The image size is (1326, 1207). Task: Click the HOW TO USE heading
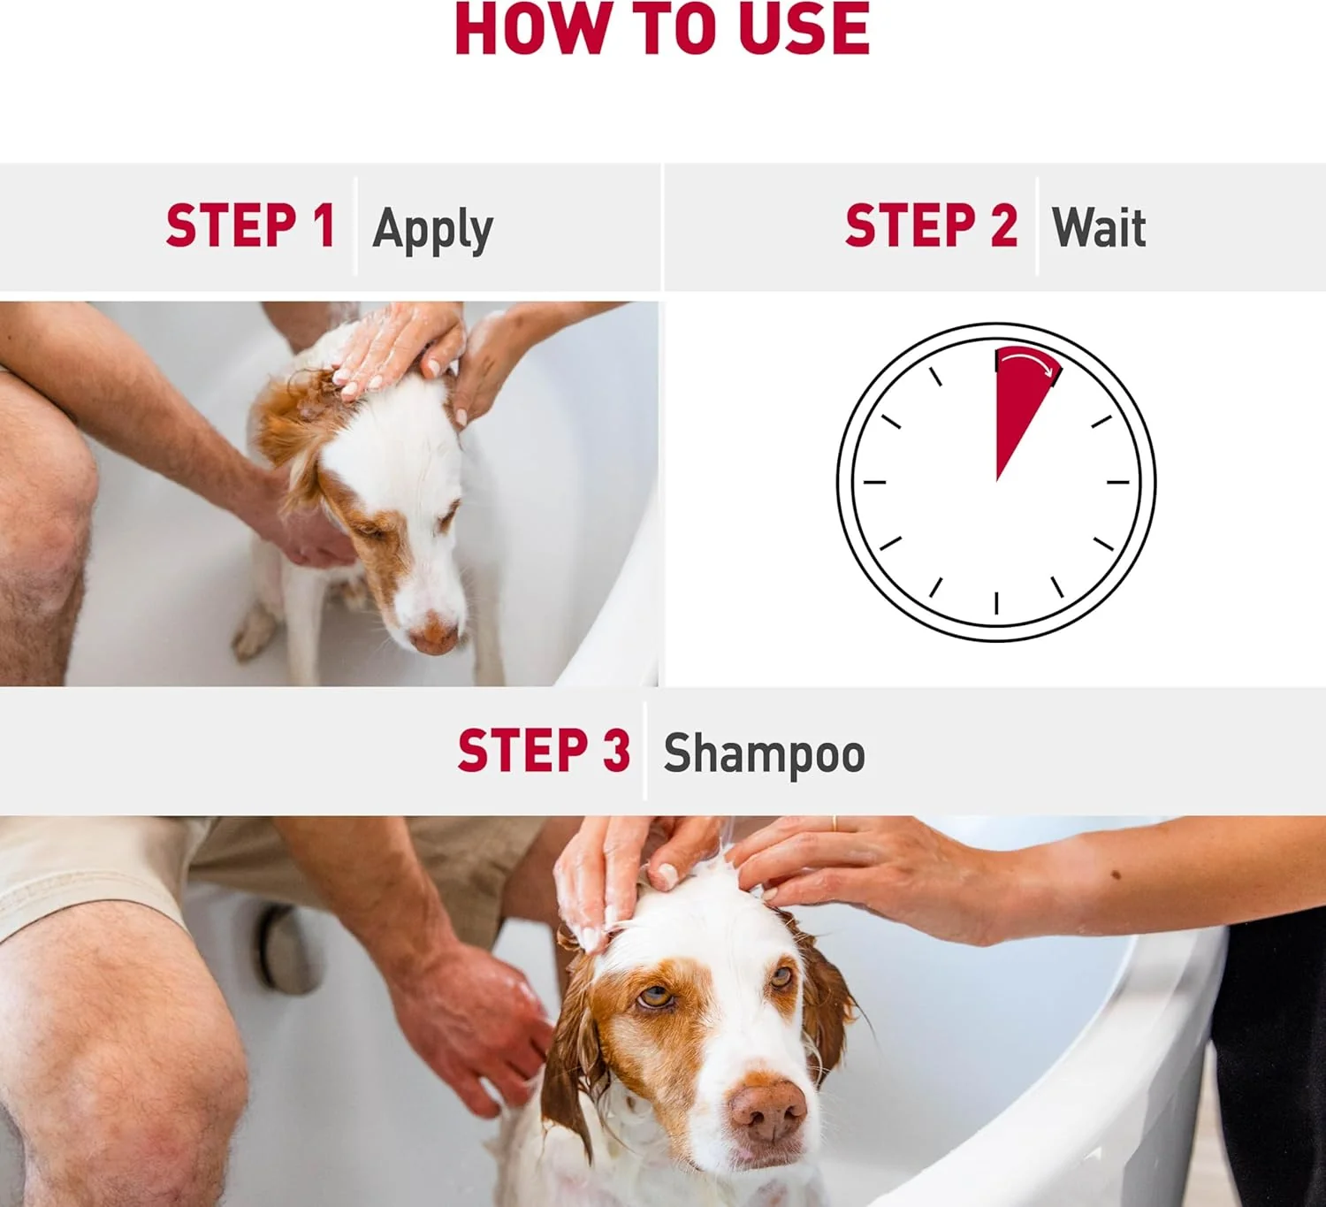pos(662,29)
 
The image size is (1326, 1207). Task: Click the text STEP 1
pos(250,225)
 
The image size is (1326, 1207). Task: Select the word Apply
pos(433,230)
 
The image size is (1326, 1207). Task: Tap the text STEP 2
pos(931,225)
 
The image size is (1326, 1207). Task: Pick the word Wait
pos(1099,227)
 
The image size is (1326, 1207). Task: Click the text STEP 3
pos(544,750)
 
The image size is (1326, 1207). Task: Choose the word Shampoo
pos(764,754)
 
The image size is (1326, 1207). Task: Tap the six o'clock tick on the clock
pos(996,603)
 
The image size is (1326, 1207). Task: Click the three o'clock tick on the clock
pos(1117,482)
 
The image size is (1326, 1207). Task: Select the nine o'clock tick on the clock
pos(874,482)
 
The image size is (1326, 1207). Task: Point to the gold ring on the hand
pos(834,824)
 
